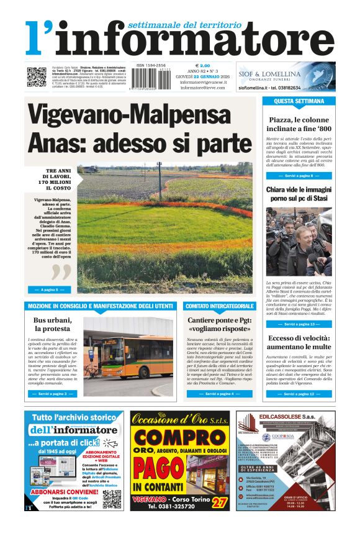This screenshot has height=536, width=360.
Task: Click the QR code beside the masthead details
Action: click(x=36, y=77)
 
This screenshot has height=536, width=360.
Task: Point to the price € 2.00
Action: click(x=203, y=65)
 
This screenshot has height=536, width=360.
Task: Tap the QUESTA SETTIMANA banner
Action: click(x=299, y=101)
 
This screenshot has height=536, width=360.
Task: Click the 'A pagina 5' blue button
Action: click(x=49, y=289)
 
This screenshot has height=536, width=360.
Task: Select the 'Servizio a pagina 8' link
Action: click(x=299, y=176)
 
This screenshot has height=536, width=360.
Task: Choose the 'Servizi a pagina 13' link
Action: click(x=299, y=324)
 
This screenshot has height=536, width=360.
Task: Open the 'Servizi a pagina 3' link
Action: click(x=52, y=394)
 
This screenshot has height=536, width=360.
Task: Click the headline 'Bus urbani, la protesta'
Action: click(x=52, y=324)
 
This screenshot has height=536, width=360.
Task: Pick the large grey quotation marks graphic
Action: click(x=61, y=271)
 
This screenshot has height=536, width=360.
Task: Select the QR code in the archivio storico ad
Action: click(x=112, y=499)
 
